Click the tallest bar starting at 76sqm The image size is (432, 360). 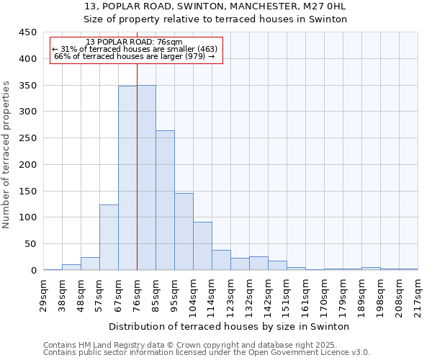(146, 178)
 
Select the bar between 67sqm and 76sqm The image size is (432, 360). (127, 178)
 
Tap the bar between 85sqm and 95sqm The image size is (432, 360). (165, 200)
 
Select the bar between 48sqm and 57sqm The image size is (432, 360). (90, 264)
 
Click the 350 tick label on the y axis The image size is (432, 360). (27, 86)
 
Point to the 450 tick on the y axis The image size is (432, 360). (27, 32)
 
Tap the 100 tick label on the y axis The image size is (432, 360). (27, 217)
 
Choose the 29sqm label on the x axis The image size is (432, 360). (44, 294)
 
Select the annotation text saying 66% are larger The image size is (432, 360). (134, 56)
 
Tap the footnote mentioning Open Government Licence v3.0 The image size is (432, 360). (207, 352)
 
